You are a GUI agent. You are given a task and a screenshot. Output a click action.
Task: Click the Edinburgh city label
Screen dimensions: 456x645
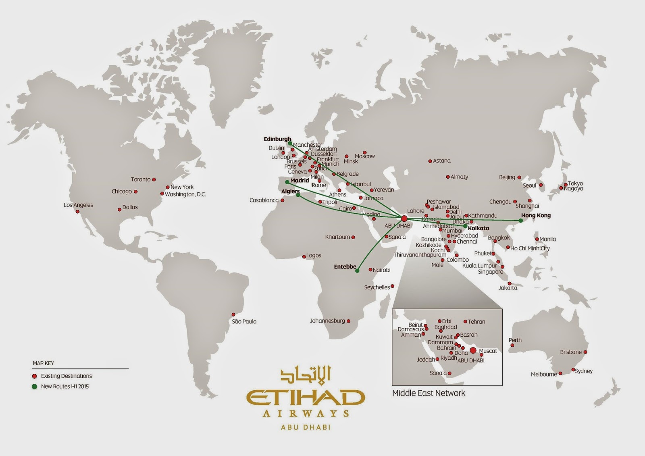(x=277, y=139)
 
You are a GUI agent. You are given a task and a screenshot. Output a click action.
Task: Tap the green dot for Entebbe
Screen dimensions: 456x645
(x=357, y=271)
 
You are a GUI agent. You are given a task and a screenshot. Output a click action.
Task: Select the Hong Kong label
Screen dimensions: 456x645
(x=536, y=215)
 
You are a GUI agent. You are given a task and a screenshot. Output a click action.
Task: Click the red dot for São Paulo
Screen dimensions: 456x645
(x=233, y=314)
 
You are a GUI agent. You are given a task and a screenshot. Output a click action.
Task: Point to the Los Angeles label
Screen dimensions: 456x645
(x=78, y=205)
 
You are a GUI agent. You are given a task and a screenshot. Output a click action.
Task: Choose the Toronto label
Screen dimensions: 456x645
(x=140, y=179)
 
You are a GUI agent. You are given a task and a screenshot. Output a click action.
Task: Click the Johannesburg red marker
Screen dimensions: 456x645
(x=349, y=321)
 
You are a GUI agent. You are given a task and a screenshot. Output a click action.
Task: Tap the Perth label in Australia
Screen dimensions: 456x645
(x=515, y=340)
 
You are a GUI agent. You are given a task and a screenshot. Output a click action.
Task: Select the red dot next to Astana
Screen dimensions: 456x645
(x=430, y=161)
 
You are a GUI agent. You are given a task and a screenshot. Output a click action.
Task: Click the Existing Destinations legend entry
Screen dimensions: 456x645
(x=66, y=376)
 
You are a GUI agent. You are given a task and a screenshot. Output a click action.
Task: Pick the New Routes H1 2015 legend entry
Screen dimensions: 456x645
(x=64, y=386)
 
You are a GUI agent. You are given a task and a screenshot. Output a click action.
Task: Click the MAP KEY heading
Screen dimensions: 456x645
(x=43, y=363)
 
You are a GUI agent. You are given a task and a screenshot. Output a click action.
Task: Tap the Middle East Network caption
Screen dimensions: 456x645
(x=429, y=393)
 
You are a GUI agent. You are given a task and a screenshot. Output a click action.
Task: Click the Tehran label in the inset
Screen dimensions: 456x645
(x=476, y=322)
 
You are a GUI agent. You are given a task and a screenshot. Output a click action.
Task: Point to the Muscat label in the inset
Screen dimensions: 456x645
(x=488, y=351)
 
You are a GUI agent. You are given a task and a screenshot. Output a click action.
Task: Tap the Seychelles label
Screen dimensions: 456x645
(x=377, y=287)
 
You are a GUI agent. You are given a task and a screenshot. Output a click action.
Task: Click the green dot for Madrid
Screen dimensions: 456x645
(x=287, y=182)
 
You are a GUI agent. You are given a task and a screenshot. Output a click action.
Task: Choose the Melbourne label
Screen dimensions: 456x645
(x=543, y=374)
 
